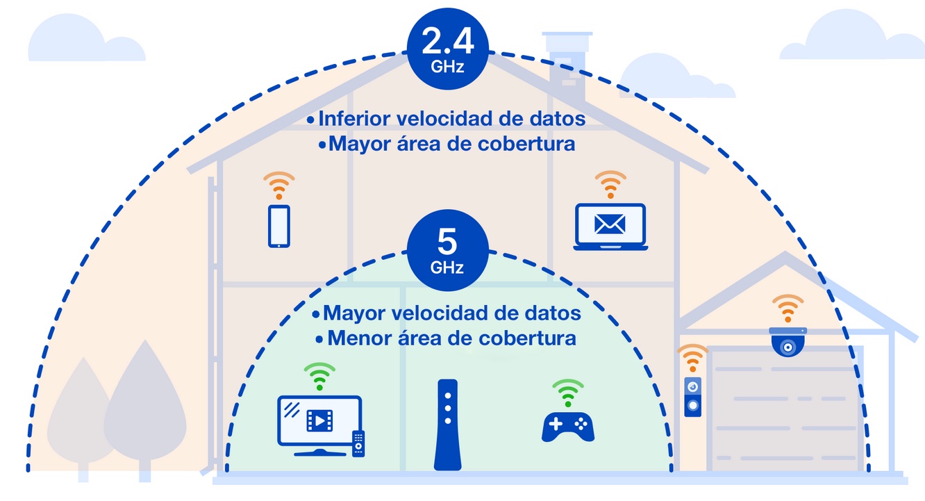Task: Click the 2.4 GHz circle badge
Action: (x=448, y=49)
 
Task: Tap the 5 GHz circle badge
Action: (x=448, y=250)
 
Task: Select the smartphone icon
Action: (x=279, y=227)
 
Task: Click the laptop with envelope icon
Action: (x=610, y=227)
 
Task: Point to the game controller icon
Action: (x=568, y=427)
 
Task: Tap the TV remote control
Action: (x=358, y=443)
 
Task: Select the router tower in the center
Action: (x=448, y=425)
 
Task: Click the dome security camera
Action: (x=788, y=342)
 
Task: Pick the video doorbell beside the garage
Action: (x=693, y=397)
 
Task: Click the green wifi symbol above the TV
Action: (x=319, y=377)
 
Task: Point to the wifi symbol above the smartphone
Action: (x=279, y=186)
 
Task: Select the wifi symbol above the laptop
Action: (x=610, y=184)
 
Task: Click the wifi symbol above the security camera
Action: (x=788, y=309)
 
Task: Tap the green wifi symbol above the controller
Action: (x=568, y=393)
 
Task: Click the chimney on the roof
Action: (x=567, y=66)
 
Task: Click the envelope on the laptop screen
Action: (x=610, y=224)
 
